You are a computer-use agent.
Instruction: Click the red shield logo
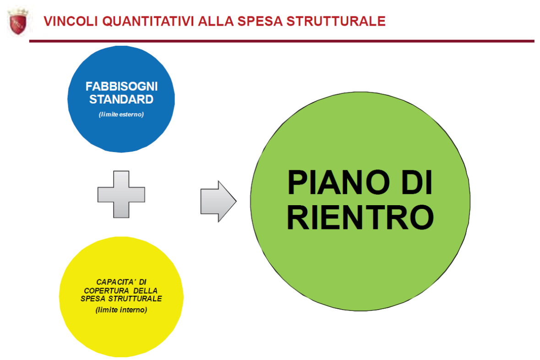point(18,22)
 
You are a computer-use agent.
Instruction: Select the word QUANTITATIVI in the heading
point(148,21)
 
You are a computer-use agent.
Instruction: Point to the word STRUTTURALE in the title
point(336,21)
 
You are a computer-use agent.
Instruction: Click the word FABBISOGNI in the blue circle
point(121,86)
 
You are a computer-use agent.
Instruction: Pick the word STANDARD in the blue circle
point(121,99)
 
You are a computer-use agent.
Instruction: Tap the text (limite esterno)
point(121,115)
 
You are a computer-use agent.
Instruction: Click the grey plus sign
point(121,194)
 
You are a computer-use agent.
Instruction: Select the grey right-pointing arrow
point(218,201)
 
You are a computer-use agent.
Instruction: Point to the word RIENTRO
point(360,217)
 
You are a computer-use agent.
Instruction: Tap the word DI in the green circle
point(417,182)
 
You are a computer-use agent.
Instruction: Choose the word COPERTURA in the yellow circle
point(106,291)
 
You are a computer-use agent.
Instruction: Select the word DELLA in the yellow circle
point(146,291)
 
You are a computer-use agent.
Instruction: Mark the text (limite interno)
point(121,310)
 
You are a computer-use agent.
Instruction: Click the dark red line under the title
point(282,41)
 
